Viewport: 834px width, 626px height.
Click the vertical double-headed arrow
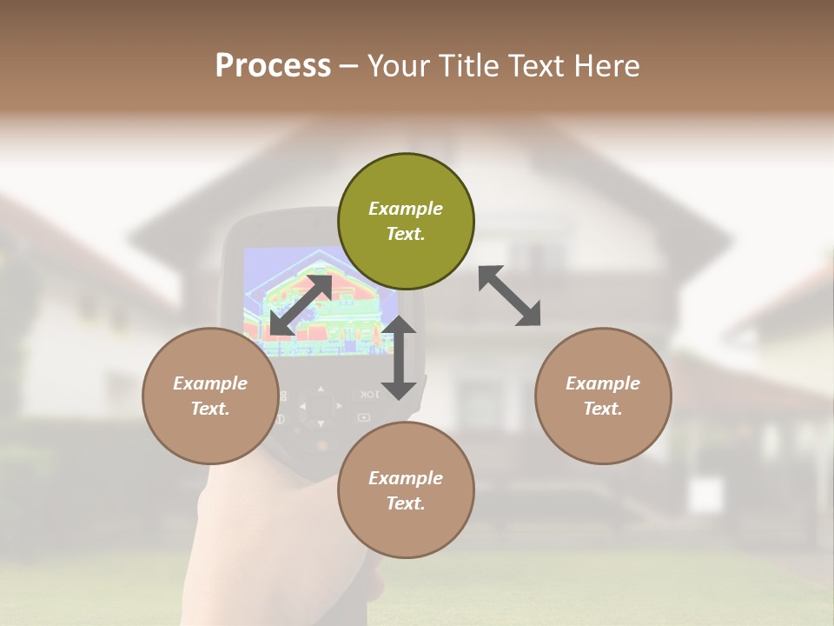399,357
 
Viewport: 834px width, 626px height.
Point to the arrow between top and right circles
509,296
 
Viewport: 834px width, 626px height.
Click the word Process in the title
273,66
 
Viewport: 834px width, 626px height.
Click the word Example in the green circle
406,209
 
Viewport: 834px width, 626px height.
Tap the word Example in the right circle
602,383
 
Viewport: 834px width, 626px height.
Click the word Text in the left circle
209,409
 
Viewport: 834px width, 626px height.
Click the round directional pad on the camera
320,406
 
